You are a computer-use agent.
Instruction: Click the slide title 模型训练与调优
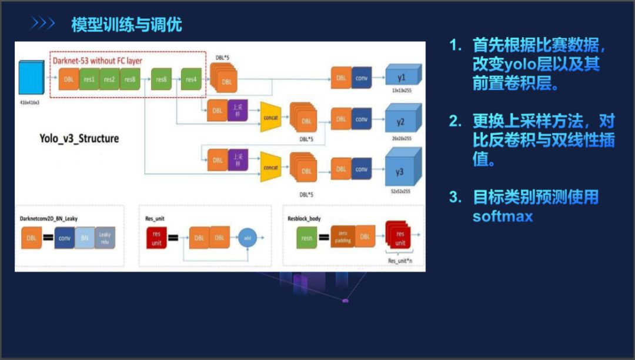pyautogui.click(x=126, y=25)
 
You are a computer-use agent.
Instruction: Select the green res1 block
pyautogui.click(x=89, y=79)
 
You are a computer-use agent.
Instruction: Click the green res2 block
pyautogui.click(x=109, y=79)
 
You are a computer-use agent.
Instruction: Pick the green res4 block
pyautogui.click(x=190, y=79)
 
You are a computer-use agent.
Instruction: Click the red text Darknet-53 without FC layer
pyautogui.click(x=97, y=60)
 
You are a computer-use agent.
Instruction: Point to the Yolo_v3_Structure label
pyautogui.click(x=79, y=139)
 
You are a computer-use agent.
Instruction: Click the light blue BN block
pyautogui.click(x=84, y=238)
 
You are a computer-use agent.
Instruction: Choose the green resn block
pyautogui.click(x=308, y=238)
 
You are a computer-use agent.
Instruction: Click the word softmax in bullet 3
pyautogui.click(x=503, y=216)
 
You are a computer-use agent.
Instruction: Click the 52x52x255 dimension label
pyautogui.click(x=401, y=192)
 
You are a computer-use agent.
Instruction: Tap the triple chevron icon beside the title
pyautogui.click(x=43, y=24)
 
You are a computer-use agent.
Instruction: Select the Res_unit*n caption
pyautogui.click(x=400, y=259)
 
